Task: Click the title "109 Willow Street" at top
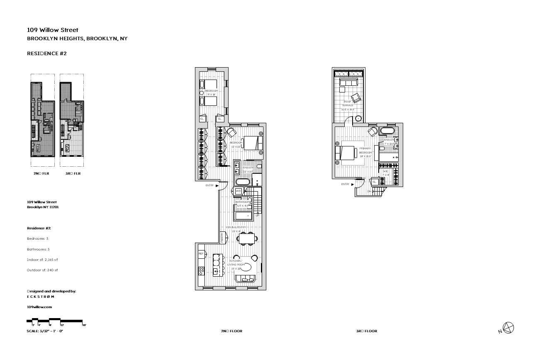[52, 30]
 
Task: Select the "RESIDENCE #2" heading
[46, 54]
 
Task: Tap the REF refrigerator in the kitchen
[201, 253]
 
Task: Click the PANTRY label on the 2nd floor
[222, 237]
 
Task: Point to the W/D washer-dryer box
[239, 191]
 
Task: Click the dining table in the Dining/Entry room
[246, 238]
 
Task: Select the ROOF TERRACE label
[348, 103]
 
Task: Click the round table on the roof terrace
[358, 118]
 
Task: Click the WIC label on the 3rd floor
[385, 171]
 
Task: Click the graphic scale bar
[56, 321]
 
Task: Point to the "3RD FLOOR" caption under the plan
[367, 331]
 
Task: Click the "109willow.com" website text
[39, 306]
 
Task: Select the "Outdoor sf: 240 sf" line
[42, 270]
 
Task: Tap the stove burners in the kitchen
[201, 271]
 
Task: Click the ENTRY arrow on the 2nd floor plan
[217, 186]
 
